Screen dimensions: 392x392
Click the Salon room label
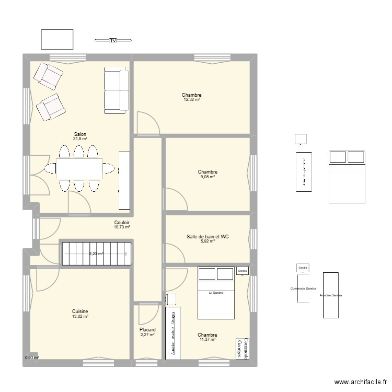pyautogui.click(x=80, y=134)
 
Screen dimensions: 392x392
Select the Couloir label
pyautogui.click(x=122, y=223)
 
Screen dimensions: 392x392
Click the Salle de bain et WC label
pyautogui.click(x=207, y=237)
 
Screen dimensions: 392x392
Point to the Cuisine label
pyautogui.click(x=80, y=312)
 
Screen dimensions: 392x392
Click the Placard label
pyautogui.click(x=147, y=330)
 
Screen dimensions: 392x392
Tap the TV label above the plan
pyautogui.click(x=112, y=40)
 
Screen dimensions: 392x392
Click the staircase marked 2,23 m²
pyautogui.click(x=96, y=253)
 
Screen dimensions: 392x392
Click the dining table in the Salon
pyautogui.click(x=79, y=168)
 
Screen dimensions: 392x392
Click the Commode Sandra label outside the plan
pyautogui.click(x=304, y=289)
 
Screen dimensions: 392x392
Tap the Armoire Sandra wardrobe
pyautogui.click(x=330, y=295)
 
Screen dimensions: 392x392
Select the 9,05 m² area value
pyautogui.click(x=207, y=177)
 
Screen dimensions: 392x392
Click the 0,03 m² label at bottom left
pyautogui.click(x=31, y=358)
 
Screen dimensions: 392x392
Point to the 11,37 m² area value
pyautogui.click(x=207, y=339)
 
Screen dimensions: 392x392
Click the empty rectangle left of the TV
pyautogui.click(x=56, y=39)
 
